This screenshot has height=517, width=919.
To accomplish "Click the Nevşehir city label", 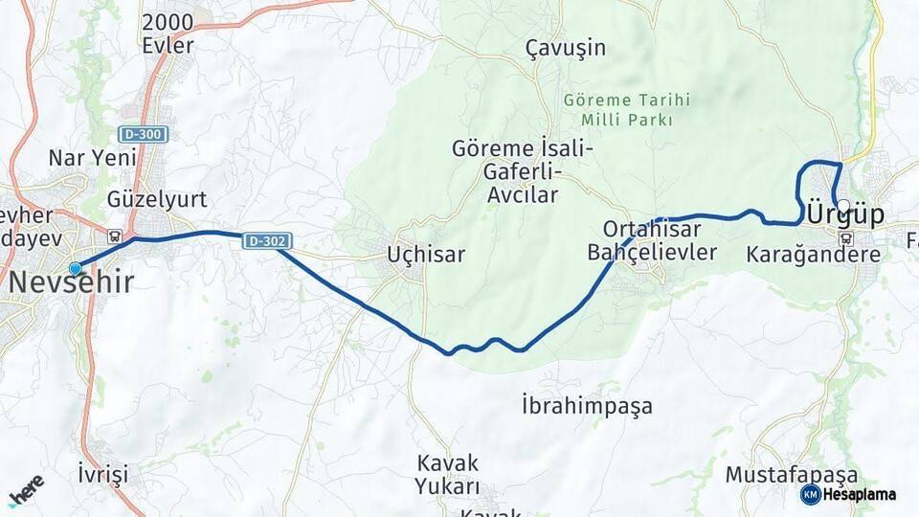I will [72, 281].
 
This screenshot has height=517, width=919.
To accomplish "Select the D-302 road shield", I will [266, 241].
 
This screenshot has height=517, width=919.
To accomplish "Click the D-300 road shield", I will [145, 134].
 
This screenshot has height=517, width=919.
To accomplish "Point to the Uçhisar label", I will [426, 255].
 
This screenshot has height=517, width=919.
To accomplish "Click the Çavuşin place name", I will [566, 48].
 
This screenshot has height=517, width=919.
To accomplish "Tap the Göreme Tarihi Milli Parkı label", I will [626, 110].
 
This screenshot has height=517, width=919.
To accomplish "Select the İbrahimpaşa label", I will [588, 405].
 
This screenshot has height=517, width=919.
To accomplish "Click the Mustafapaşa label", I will [792, 475].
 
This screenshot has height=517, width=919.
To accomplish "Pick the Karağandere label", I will [812, 255].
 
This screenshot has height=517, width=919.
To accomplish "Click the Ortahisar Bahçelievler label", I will [651, 241].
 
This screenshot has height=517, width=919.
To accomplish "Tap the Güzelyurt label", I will [157, 199].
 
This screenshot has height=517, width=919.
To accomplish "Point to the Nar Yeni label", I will [93, 158].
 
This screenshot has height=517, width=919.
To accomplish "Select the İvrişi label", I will [102, 474].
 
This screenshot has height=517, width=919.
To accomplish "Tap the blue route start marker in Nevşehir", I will [76, 269].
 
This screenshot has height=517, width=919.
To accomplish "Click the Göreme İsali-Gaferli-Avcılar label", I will [523, 172].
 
